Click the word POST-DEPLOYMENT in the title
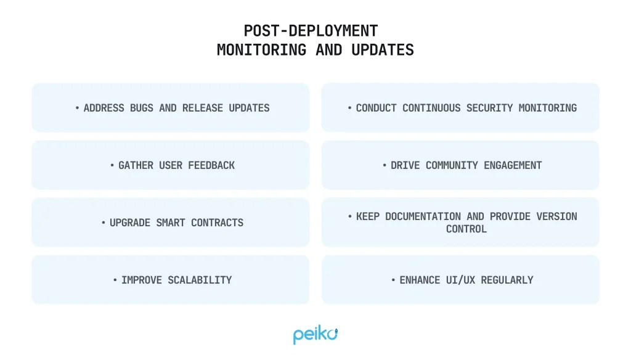(311, 31)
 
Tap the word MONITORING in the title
(261, 51)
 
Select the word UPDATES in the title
(383, 51)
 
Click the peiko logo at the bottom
(315, 334)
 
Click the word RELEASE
(202, 108)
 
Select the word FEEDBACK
(211, 165)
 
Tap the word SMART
(171, 223)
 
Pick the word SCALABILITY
(200, 280)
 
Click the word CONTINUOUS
(431, 108)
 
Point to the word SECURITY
(490, 108)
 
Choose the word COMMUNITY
(452, 165)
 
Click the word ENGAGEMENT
(513, 165)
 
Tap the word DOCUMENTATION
(423, 216)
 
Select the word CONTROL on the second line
(466, 229)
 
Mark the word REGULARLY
(507, 280)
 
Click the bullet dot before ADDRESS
(77, 108)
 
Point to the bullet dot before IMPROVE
(115, 280)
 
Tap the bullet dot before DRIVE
(385, 165)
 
